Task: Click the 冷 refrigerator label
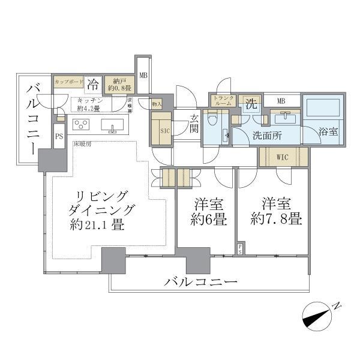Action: tap(94, 84)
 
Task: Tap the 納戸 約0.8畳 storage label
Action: tap(115, 85)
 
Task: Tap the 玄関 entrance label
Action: tap(194, 122)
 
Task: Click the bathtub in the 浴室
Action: tap(324, 109)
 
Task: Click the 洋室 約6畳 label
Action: tap(205, 211)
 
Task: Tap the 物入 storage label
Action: tap(156, 103)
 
